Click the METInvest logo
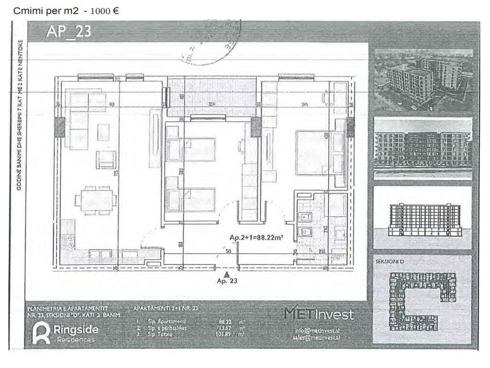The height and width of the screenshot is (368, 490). point(319,314)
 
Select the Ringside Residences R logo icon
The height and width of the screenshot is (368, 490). point(42,333)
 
